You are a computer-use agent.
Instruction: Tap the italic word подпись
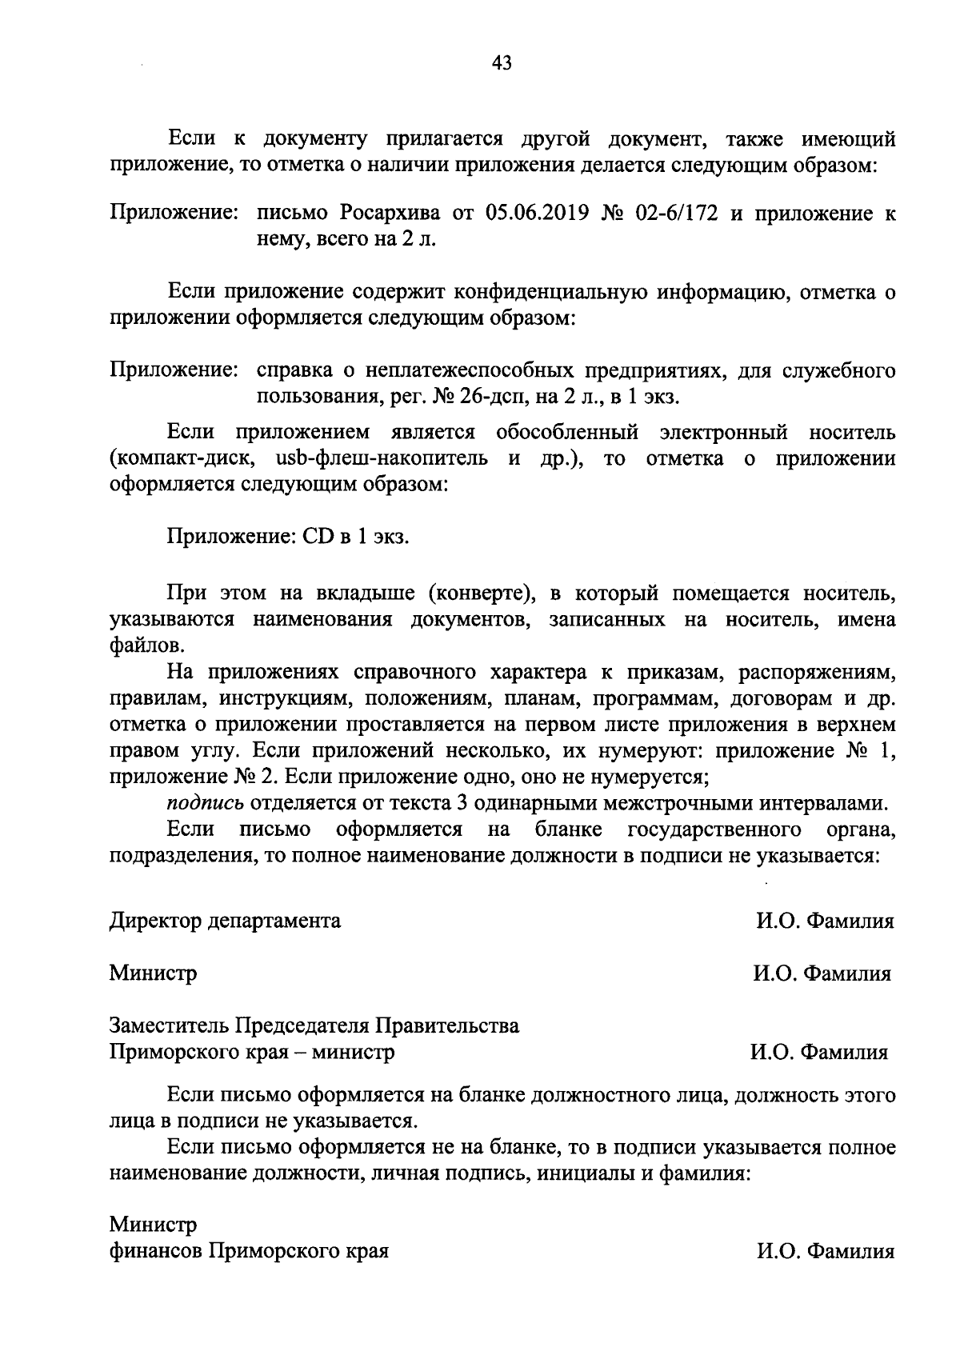(x=206, y=802)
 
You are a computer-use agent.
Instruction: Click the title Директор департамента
(x=225, y=921)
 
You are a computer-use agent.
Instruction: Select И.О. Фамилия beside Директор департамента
(x=826, y=921)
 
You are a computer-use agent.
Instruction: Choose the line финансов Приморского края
(x=249, y=1251)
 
